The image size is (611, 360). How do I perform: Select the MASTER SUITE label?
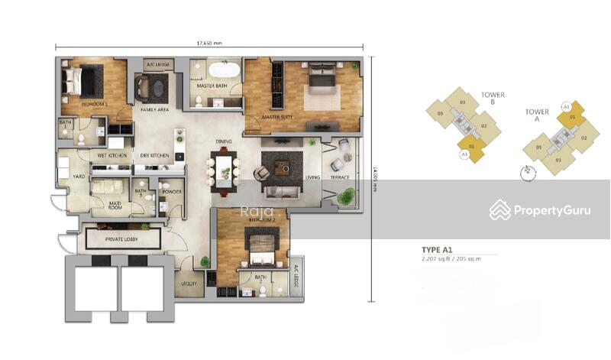point(279,118)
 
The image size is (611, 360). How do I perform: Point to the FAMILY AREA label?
point(154,109)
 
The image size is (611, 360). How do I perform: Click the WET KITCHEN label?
point(112,155)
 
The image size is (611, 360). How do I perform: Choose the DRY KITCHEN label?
point(154,155)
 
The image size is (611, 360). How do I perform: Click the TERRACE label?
point(340,177)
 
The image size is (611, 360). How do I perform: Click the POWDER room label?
point(172,192)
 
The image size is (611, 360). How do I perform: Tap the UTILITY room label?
point(189,284)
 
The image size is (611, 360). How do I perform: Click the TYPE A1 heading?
point(438,250)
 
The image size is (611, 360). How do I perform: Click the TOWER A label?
point(537,115)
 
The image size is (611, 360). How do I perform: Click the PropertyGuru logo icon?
point(500,209)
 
